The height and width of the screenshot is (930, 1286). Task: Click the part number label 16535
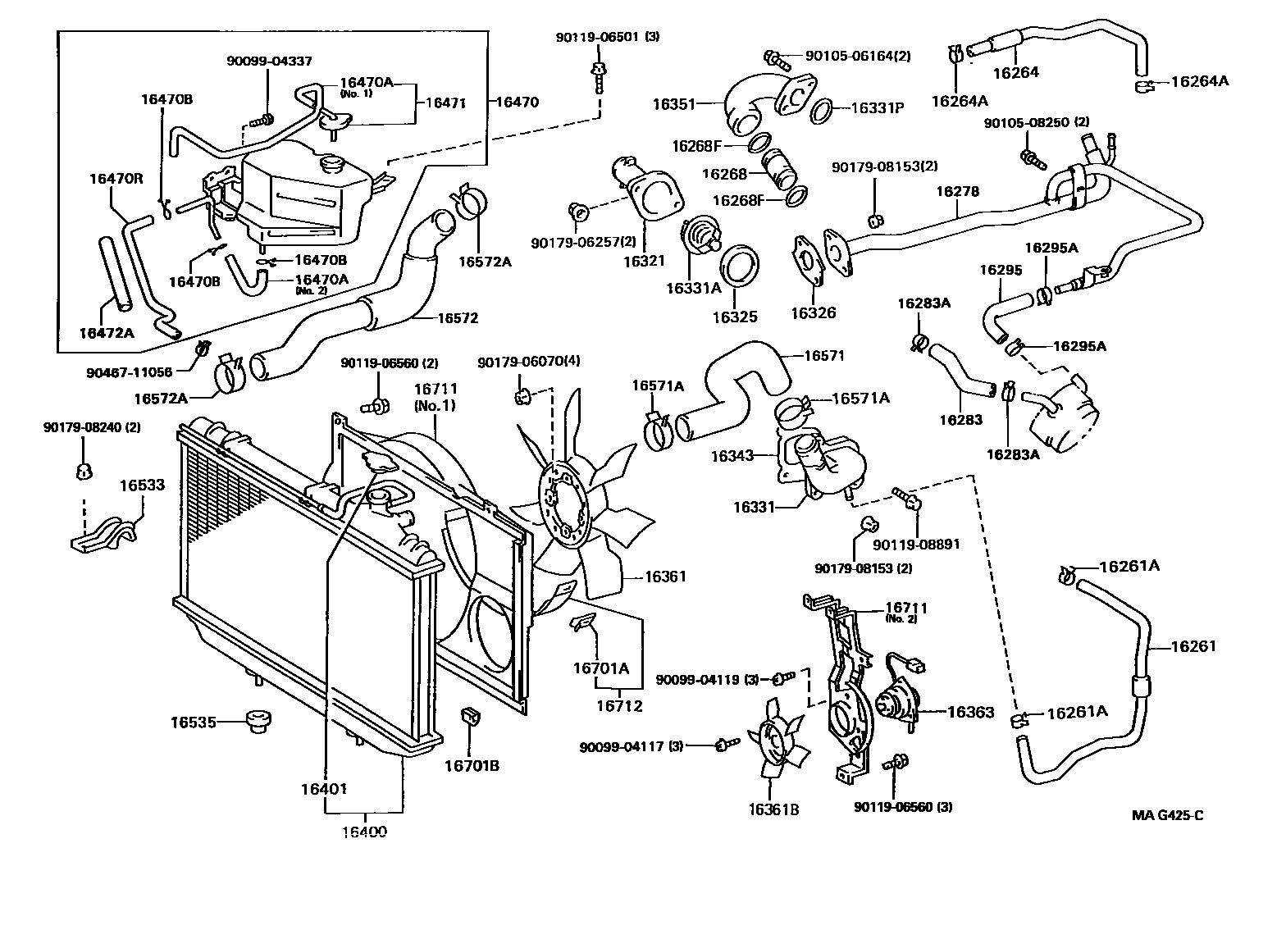coord(194,723)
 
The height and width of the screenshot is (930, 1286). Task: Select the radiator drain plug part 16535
coord(258,723)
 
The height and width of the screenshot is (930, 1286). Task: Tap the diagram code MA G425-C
coord(1167,814)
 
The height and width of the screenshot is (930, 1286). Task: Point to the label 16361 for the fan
coord(665,577)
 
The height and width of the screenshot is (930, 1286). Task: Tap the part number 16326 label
coord(813,312)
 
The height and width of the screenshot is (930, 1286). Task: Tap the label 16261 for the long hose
coord(1193,646)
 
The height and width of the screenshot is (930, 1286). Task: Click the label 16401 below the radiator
coord(325,789)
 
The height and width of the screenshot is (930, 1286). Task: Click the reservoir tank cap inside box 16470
coord(334,164)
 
